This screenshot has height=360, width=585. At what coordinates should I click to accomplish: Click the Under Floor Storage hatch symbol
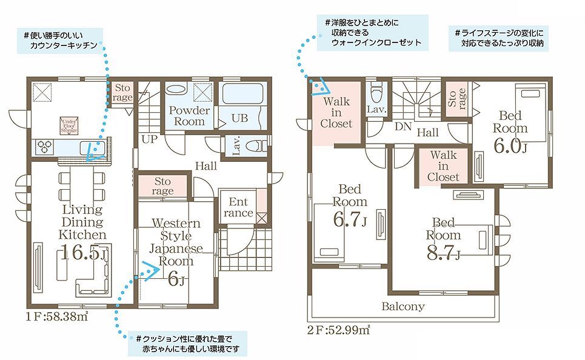tap(69, 125)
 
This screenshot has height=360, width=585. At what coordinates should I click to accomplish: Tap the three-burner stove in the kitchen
tap(45, 147)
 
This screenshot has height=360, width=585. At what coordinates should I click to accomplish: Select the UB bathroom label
tap(239, 118)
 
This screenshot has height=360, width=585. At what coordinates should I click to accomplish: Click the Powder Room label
tap(189, 116)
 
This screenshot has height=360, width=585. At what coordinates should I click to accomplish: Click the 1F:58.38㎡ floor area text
tap(57, 317)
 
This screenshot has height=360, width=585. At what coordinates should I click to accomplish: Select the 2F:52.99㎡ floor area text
tap(339, 330)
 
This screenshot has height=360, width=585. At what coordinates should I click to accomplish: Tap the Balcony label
tap(403, 306)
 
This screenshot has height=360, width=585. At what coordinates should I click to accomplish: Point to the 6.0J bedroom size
tap(510, 145)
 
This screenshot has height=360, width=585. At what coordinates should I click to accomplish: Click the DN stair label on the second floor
tap(403, 127)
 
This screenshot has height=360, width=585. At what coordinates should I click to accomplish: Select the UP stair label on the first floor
tap(150, 139)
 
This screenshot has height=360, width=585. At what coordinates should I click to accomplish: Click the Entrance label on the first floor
tap(238, 207)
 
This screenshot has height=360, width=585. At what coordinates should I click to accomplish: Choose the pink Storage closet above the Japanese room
tap(162, 186)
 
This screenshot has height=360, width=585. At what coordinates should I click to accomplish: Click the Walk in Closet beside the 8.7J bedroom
tap(443, 165)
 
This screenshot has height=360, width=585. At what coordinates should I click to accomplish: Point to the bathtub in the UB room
tap(243, 94)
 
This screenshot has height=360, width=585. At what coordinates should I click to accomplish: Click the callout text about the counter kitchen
tap(60, 41)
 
